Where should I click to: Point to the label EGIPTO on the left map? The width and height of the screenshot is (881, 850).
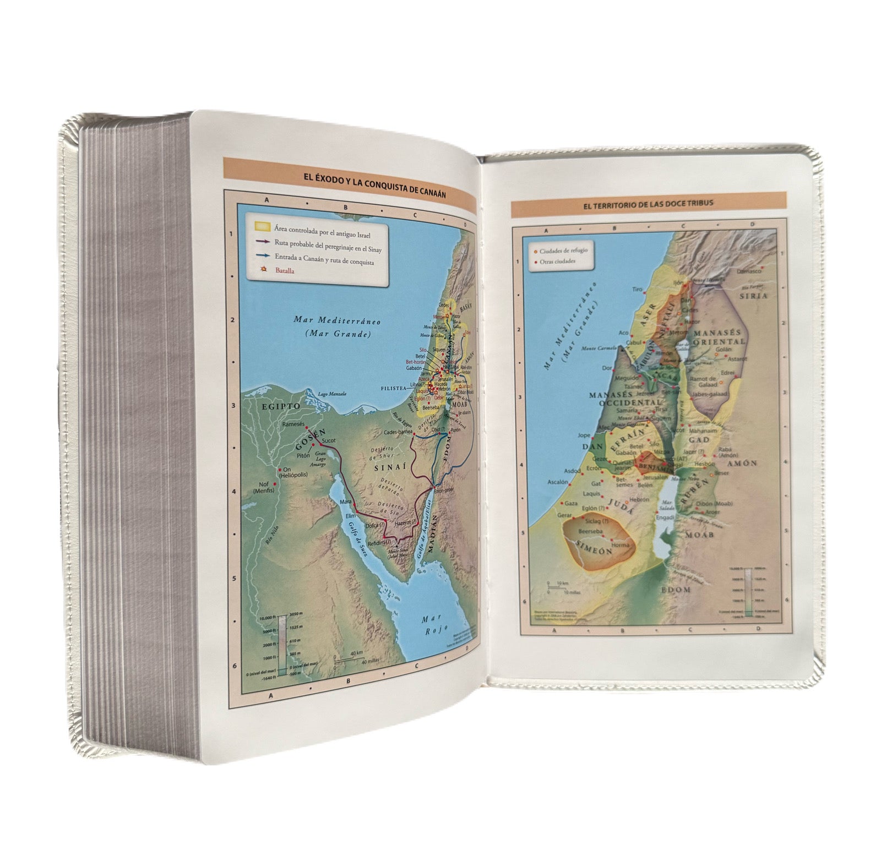(x=281, y=406)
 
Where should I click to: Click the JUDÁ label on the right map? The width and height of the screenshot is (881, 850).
(x=621, y=507)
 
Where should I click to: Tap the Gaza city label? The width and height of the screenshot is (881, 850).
(x=571, y=504)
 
